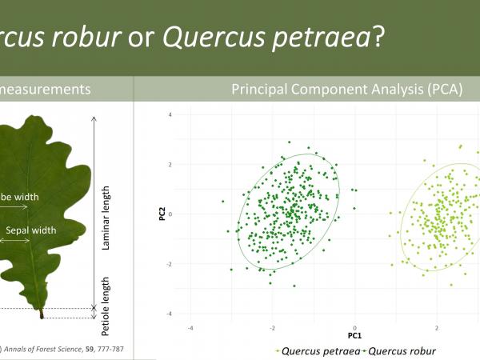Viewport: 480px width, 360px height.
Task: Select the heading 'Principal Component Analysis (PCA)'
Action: coord(347,90)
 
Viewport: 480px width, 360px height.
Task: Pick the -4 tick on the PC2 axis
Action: coord(170,314)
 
